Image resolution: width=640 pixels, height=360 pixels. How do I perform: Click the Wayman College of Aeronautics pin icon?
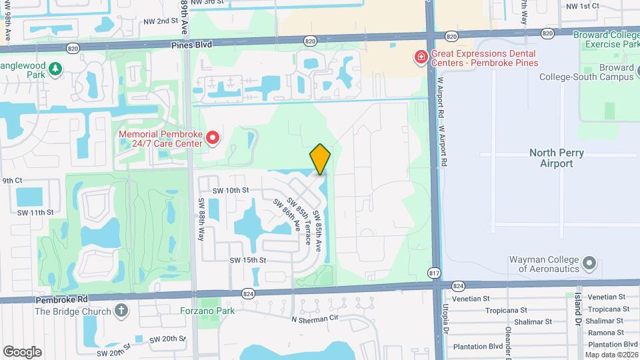589,263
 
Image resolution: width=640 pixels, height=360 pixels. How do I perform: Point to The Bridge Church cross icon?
121,310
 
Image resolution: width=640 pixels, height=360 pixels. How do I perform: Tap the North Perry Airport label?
556,158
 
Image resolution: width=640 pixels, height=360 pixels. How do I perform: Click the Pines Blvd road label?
192,44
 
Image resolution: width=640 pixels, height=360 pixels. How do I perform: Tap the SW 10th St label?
231,190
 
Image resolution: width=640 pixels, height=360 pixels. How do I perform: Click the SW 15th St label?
248,260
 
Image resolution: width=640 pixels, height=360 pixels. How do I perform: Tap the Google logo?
22,352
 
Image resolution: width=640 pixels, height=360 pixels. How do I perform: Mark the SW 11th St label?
35,213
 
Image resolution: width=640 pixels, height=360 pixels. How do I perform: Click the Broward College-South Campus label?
607,72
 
